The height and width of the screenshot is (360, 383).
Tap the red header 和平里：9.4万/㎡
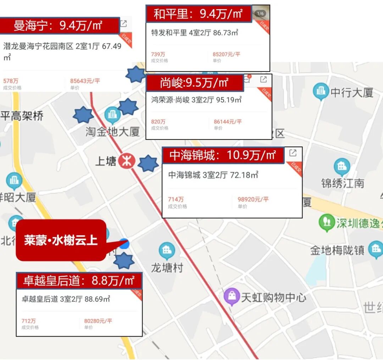point(199,14)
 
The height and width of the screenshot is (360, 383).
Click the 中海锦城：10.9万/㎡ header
point(223,155)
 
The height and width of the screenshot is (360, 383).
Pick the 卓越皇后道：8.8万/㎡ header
point(79,281)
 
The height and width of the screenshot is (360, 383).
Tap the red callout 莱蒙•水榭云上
point(61,240)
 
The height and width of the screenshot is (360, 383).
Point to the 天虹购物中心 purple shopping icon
point(231,297)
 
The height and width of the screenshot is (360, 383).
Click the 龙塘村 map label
point(167,268)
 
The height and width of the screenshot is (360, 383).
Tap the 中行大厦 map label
point(352,93)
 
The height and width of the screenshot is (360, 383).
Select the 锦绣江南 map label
point(343,183)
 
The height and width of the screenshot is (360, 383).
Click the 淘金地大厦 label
point(112,132)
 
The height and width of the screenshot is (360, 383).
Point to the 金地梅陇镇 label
point(337,250)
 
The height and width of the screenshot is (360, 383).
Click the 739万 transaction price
point(158,54)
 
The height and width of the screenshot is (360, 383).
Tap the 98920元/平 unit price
point(253,199)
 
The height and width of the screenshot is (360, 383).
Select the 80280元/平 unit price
point(98,321)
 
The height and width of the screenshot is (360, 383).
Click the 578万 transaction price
point(11,81)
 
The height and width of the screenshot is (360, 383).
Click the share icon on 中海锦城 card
point(293,153)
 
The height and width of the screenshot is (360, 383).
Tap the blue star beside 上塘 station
point(148,164)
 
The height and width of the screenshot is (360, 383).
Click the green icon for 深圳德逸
point(327,222)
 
